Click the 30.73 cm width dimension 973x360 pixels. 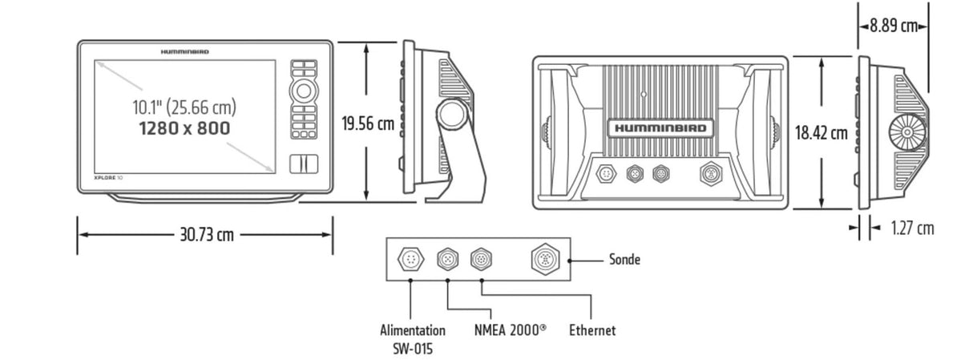tap(205, 235)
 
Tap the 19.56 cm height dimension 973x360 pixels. tap(367, 124)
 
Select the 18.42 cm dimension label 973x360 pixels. tap(822, 133)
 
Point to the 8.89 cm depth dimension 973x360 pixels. tap(893, 26)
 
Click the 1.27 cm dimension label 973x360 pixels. tap(912, 229)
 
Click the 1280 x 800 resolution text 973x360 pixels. tap(184, 128)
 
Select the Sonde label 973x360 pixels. tap(624, 260)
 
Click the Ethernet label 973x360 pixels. tap(592, 330)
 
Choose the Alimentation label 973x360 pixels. tap(413, 330)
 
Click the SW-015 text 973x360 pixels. tap(413, 348)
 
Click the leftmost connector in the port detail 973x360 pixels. tap(410, 259)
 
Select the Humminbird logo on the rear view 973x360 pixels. tap(660, 128)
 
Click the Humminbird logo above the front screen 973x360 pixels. tap(184, 51)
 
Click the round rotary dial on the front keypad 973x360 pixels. tap(303, 90)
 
